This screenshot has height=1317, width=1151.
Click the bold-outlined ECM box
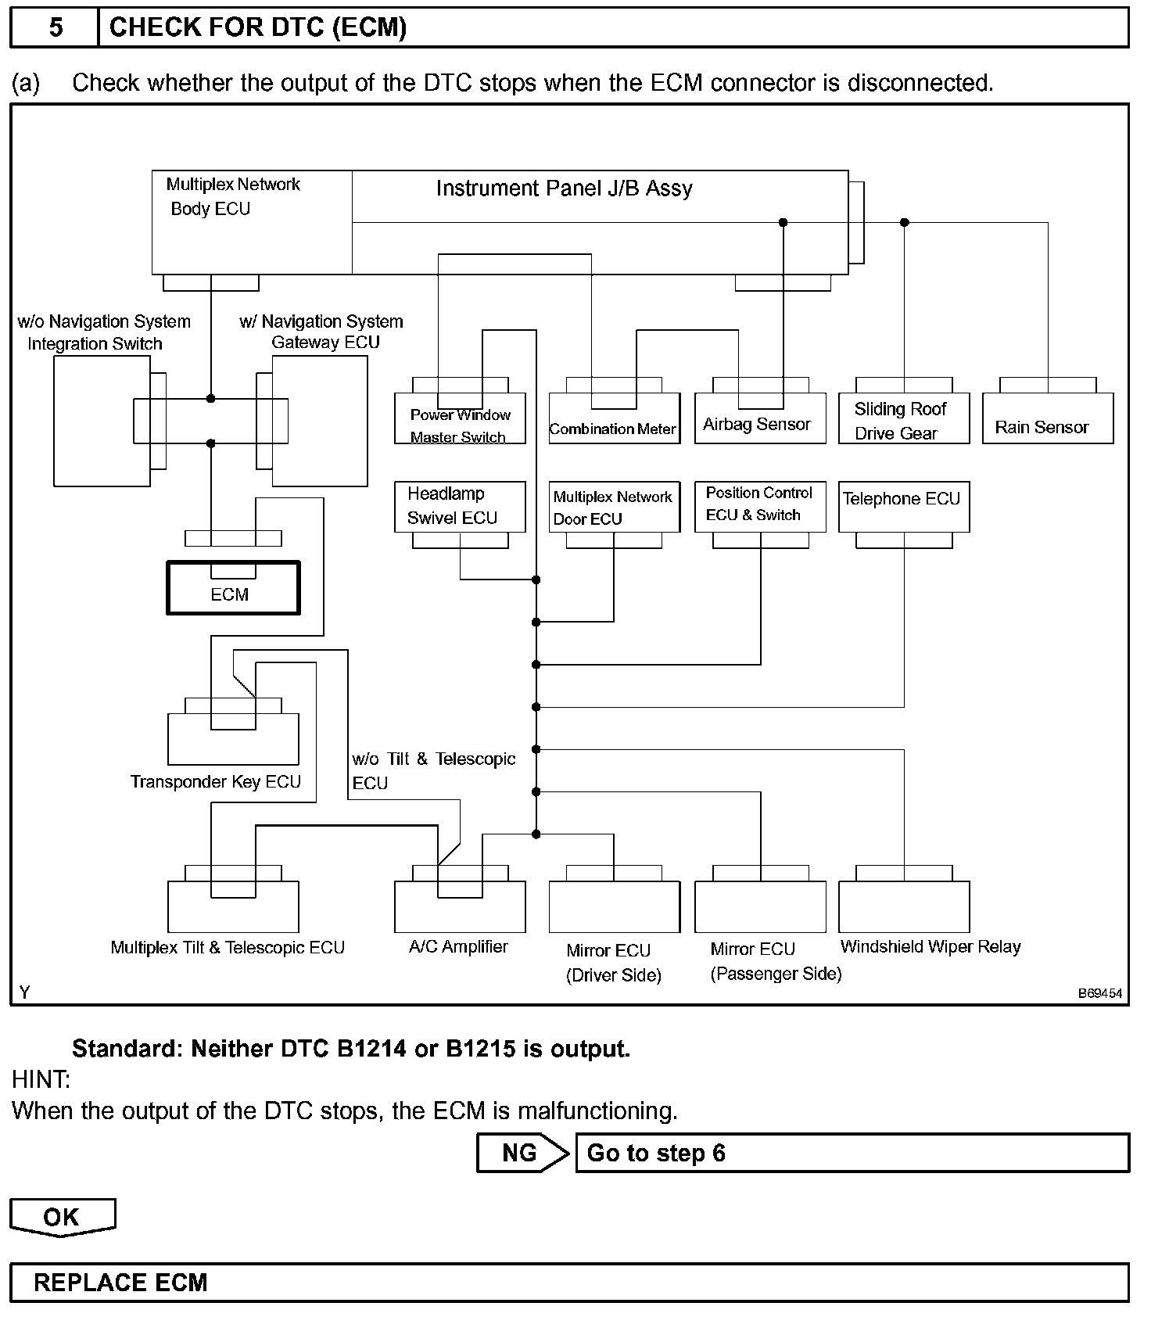[x=232, y=588]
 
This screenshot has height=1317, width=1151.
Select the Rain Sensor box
[x=1048, y=418]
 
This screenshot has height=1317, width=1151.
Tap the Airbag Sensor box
[x=760, y=418]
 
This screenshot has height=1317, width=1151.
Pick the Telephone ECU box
[x=903, y=506]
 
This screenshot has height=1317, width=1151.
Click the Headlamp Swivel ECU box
[x=459, y=506]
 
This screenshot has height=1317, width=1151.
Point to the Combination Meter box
[x=614, y=418]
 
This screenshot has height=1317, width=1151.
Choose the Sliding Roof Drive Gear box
[x=903, y=418]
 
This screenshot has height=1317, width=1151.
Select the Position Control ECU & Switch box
[x=760, y=506]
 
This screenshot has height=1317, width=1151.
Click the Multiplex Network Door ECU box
[x=614, y=507]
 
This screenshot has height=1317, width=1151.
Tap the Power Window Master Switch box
[x=460, y=418]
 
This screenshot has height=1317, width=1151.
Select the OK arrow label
[x=62, y=1217]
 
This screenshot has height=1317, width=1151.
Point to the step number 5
[x=56, y=28]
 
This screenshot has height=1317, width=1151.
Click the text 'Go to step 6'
[x=656, y=1153]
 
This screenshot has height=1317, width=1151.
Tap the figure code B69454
[x=1099, y=993]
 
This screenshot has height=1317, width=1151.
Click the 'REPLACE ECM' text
[x=120, y=1283]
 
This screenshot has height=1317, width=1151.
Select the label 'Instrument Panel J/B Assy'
[x=564, y=188]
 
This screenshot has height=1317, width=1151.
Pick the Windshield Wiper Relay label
[x=930, y=946]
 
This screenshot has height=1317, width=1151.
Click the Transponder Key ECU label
[x=215, y=781]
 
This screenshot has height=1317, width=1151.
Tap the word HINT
[x=41, y=1080]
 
